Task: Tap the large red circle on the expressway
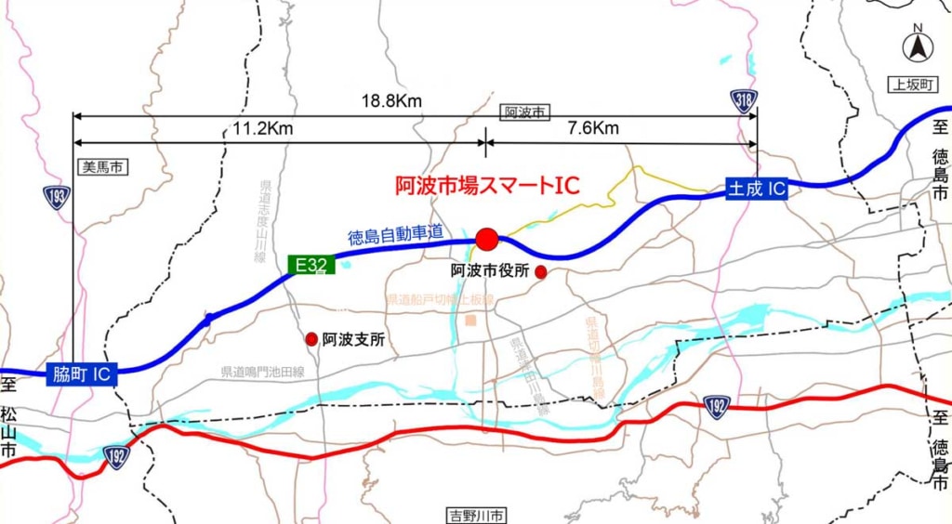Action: tap(486, 240)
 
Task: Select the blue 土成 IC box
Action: tap(757, 189)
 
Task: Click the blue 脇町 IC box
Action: tap(81, 374)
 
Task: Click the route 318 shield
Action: tap(744, 102)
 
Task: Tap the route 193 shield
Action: tap(57, 196)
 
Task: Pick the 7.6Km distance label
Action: tap(592, 129)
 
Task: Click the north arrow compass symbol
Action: tap(918, 45)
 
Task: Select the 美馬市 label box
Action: tap(100, 167)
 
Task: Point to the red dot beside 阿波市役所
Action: tap(541, 272)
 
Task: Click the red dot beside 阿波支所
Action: tap(311, 339)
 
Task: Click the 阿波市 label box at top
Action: tap(524, 112)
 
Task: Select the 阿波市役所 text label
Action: tap(490, 271)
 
